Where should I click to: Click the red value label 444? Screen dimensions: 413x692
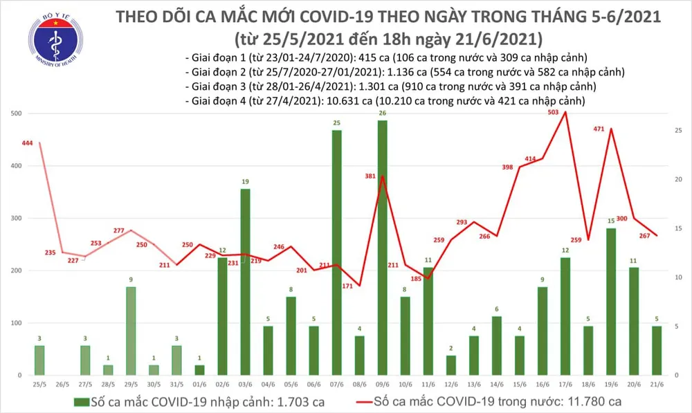click(x=28, y=143)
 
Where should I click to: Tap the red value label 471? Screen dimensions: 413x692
click(x=600, y=129)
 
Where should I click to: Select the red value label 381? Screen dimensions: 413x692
click(x=370, y=176)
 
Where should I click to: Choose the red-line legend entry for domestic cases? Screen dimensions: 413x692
click(x=495, y=401)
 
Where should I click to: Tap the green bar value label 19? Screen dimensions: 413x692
click(x=245, y=182)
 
